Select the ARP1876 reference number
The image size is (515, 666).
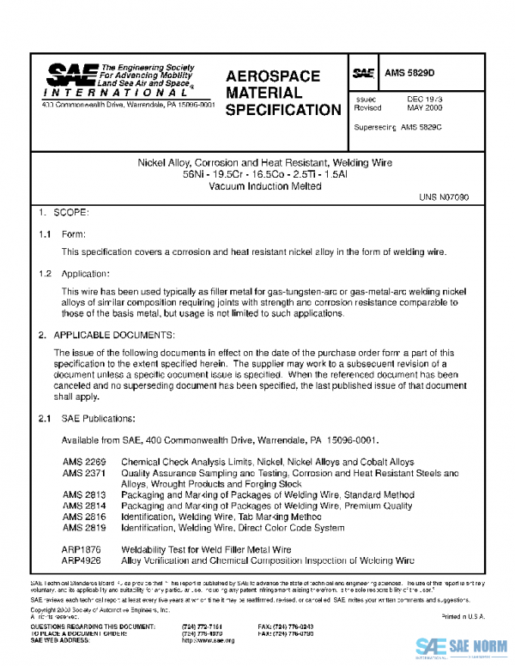tap(82, 548)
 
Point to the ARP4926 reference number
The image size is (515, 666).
tap(82, 560)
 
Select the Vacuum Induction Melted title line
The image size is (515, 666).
tap(257, 185)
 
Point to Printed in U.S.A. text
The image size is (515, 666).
tap(463, 617)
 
